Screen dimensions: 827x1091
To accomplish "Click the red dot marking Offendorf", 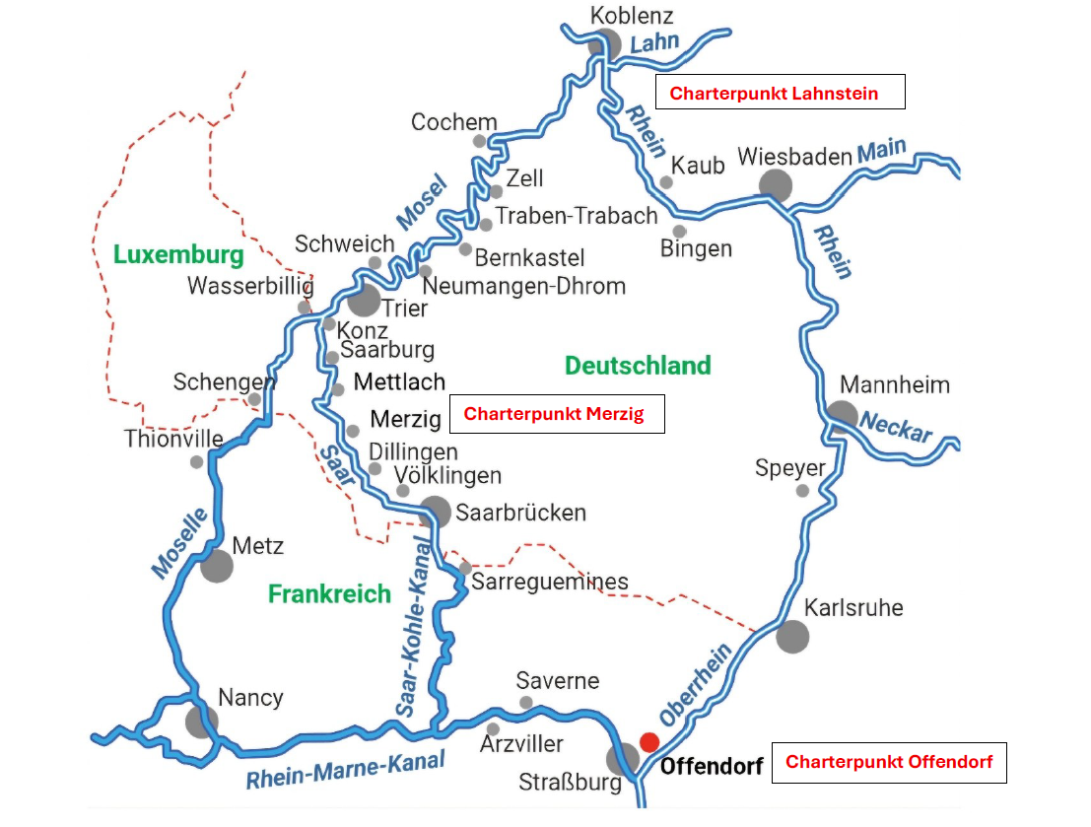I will click(x=648, y=741).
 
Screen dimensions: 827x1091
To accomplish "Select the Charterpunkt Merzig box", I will click(x=557, y=414).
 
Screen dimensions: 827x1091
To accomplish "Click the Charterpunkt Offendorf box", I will click(x=888, y=762).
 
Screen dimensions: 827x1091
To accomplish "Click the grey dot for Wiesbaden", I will click(x=776, y=184).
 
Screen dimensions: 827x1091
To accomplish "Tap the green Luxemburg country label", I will click(x=178, y=255).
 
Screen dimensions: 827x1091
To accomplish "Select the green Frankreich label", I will click(x=329, y=593).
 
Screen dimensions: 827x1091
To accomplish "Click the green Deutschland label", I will click(x=638, y=366).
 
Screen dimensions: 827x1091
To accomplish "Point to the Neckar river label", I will click(x=896, y=427).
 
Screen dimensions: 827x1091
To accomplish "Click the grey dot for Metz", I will click(x=217, y=566).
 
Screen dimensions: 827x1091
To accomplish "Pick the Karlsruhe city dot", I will click(x=791, y=636).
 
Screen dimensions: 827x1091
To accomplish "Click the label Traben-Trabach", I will click(x=576, y=216).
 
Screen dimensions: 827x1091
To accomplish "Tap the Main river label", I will click(x=880, y=151).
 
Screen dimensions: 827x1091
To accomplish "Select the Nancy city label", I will click(x=250, y=698).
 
